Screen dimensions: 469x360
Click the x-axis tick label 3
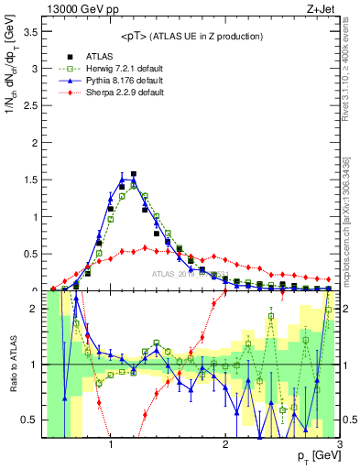click(339, 445)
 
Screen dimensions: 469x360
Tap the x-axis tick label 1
click(110, 445)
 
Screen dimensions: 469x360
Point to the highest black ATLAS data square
click(134, 173)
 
